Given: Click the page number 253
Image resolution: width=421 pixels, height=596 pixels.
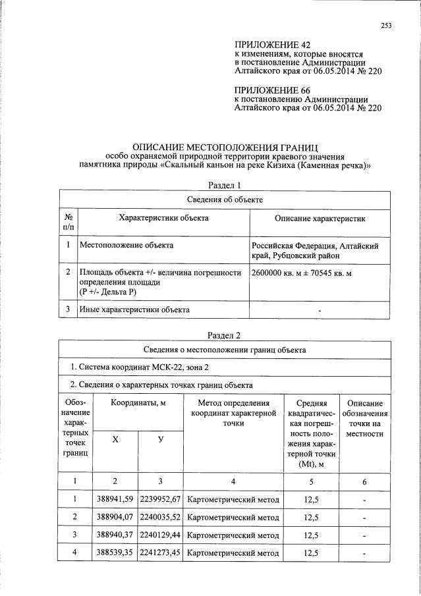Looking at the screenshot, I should [386, 26].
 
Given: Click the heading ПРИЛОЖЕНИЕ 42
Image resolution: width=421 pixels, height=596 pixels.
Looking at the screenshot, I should [267, 44].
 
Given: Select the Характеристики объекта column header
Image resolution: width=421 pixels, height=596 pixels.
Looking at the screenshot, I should [163, 218].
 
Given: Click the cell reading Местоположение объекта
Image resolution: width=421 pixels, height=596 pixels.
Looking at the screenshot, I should [126, 246].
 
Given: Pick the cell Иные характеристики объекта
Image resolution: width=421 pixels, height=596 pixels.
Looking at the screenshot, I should [134, 309].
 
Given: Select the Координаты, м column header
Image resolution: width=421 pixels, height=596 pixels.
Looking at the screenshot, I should [137, 402].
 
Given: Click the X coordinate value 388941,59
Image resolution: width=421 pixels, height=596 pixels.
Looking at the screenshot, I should [115, 499].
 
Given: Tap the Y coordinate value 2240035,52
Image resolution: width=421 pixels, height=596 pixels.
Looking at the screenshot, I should [160, 517].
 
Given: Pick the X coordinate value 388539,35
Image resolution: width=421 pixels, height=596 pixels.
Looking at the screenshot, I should [115, 553].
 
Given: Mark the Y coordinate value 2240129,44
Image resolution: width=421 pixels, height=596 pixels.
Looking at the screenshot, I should [160, 535].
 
